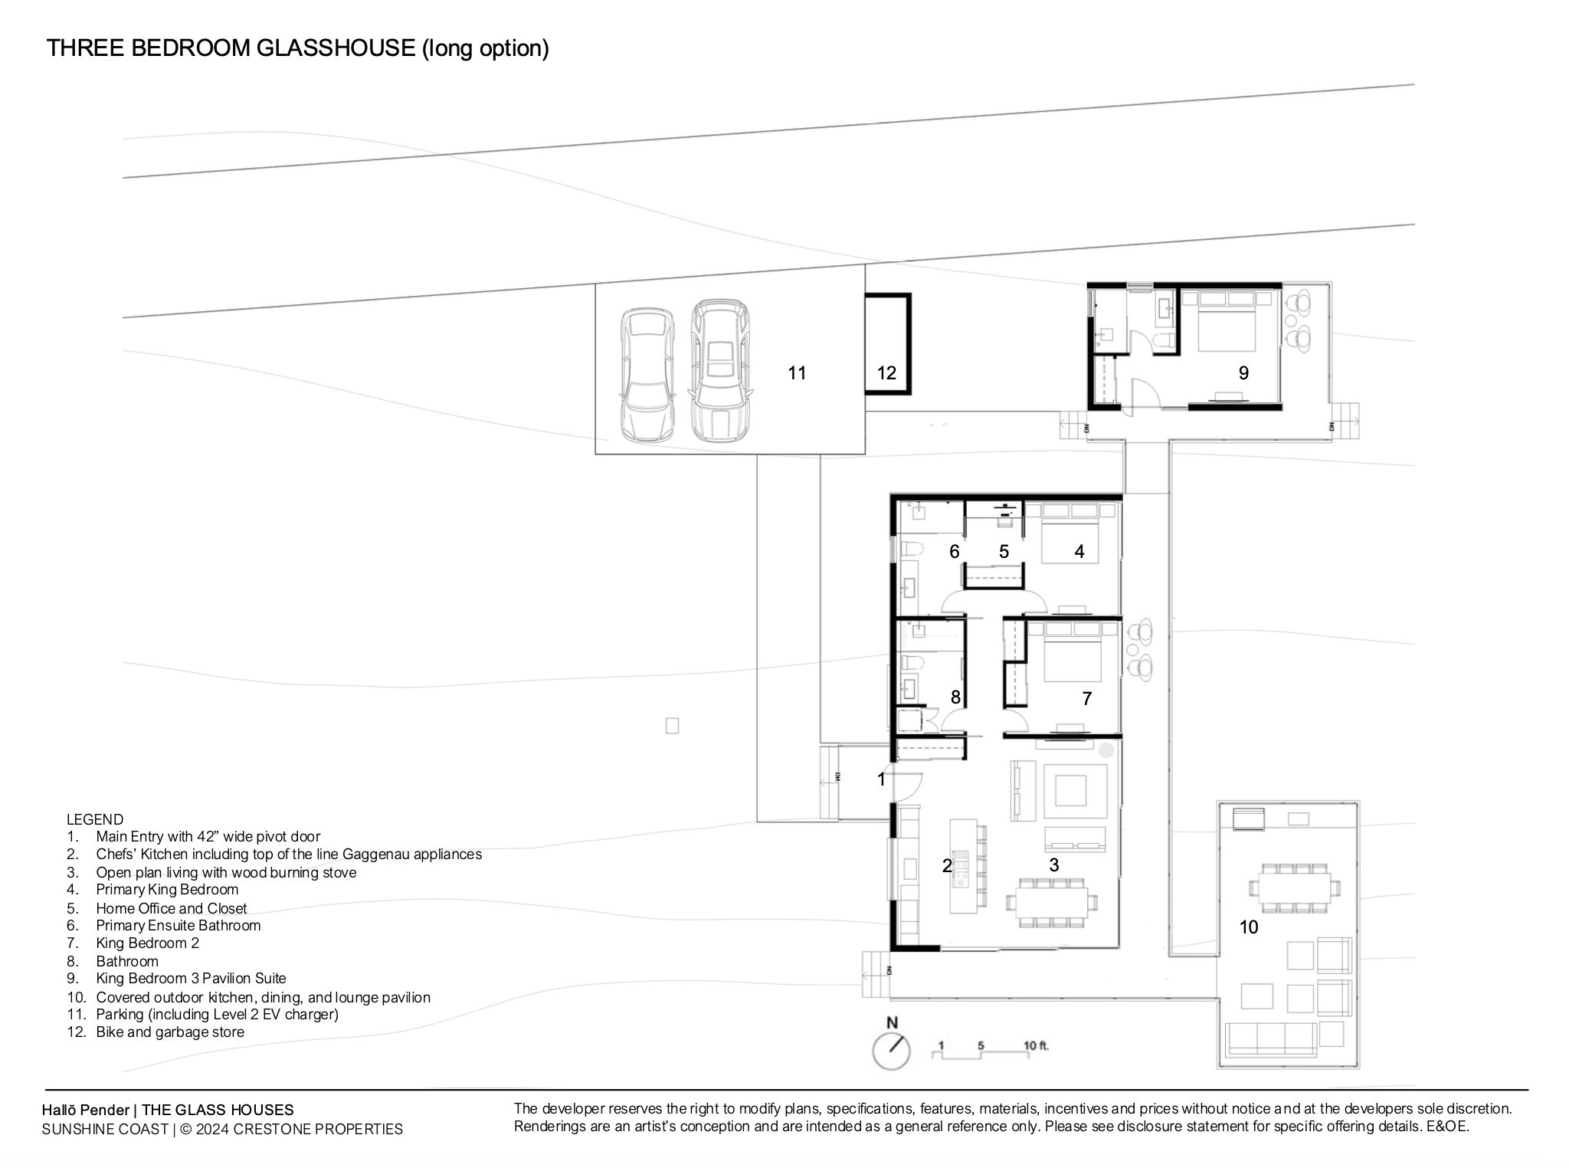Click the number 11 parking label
click(797, 373)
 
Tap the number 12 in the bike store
click(886, 373)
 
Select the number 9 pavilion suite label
click(1243, 373)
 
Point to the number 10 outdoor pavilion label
click(1249, 927)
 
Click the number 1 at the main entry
click(881, 779)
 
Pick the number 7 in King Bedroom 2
click(1086, 698)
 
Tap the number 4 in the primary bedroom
click(1079, 551)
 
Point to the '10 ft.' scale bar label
click(1036, 1045)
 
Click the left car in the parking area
click(647, 375)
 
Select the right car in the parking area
click(719, 370)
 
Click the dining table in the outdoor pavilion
click(1295, 888)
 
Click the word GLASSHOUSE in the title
click(336, 48)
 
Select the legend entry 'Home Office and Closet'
click(172, 908)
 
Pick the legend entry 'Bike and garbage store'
click(170, 1032)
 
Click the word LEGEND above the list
click(95, 819)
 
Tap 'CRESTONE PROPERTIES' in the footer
click(318, 1130)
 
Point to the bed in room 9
click(1219, 321)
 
